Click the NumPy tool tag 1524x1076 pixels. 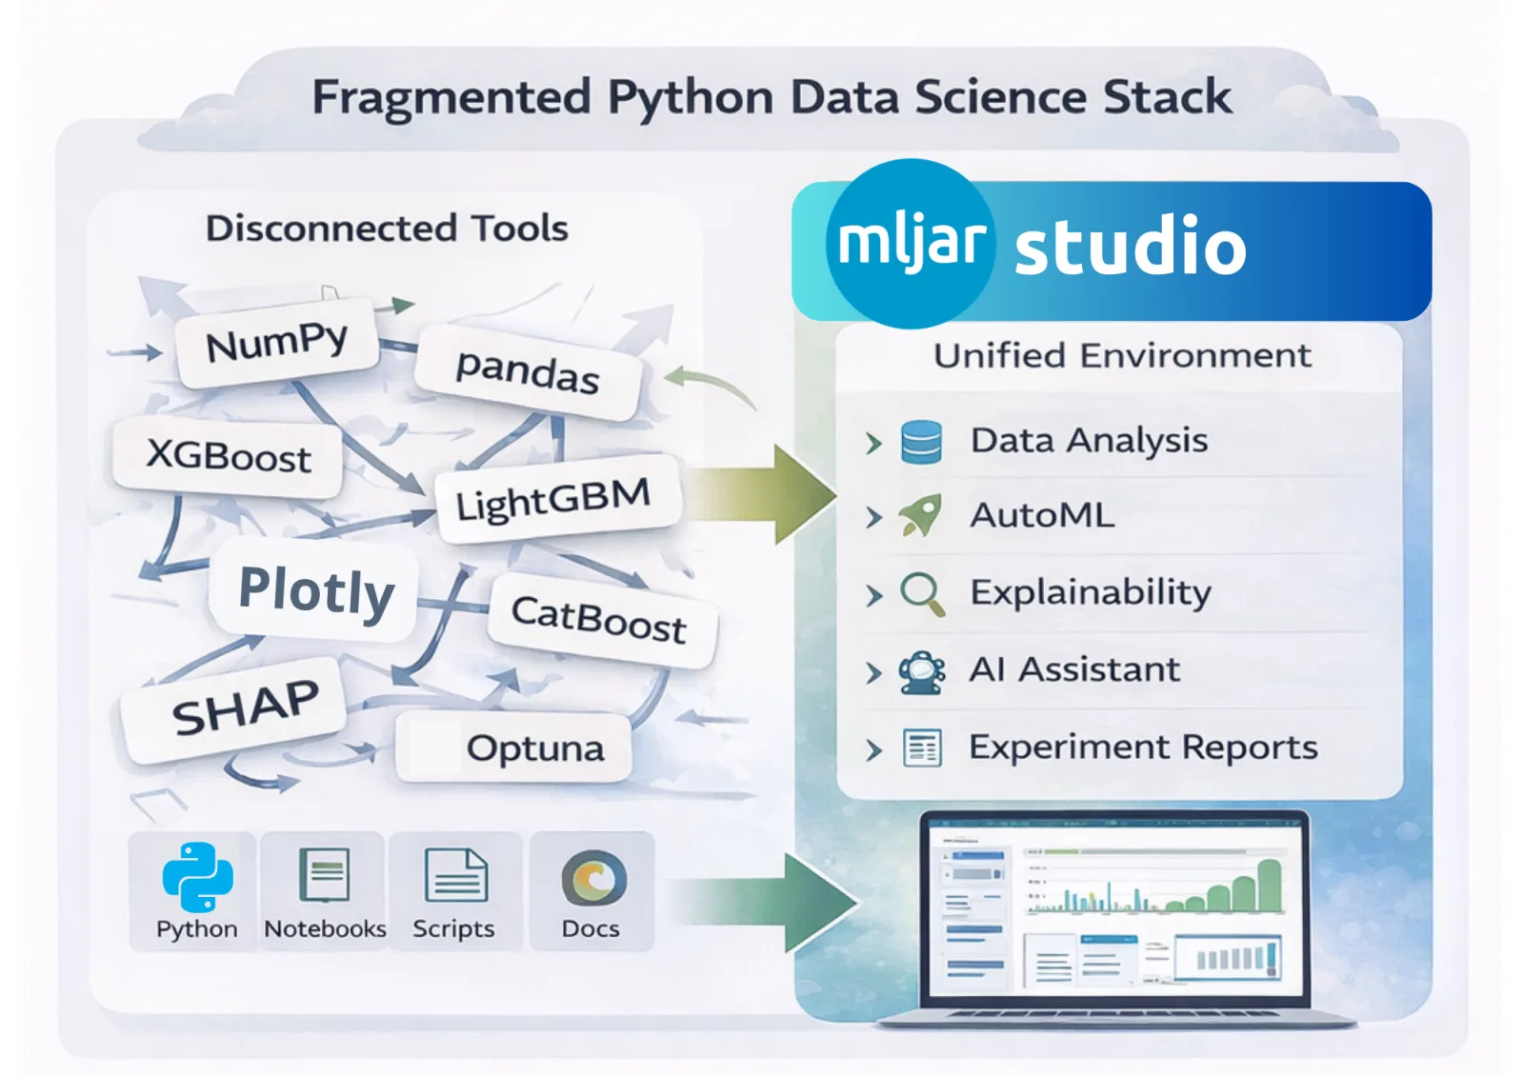pyautogui.click(x=277, y=343)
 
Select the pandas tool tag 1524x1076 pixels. pyautogui.click(x=528, y=371)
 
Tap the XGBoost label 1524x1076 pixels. pyautogui.click(x=229, y=456)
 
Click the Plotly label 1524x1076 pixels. pyautogui.click(x=316, y=591)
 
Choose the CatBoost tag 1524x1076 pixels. pyautogui.click(x=599, y=620)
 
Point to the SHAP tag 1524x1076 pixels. pyautogui.click(x=245, y=708)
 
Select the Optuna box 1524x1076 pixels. pyautogui.click(x=534, y=748)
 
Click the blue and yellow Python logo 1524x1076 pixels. pyautogui.click(x=197, y=877)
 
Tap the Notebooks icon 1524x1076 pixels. pyautogui.click(x=325, y=875)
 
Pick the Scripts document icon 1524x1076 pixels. pyautogui.click(x=455, y=875)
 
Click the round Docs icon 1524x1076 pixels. pyautogui.click(x=593, y=877)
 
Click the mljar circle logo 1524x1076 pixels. pyautogui.click(x=911, y=243)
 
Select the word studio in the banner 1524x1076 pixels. pyautogui.click(x=1130, y=246)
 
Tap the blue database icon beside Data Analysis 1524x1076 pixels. pyautogui.click(x=921, y=442)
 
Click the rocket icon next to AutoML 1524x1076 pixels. pyautogui.click(x=921, y=515)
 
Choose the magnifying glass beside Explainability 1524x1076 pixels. pyautogui.click(x=922, y=593)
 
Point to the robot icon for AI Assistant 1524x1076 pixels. pyautogui.click(x=922, y=671)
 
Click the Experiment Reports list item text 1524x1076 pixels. pyautogui.click(x=1143, y=747)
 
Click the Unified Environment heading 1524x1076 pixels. pyautogui.click(x=1122, y=356)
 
